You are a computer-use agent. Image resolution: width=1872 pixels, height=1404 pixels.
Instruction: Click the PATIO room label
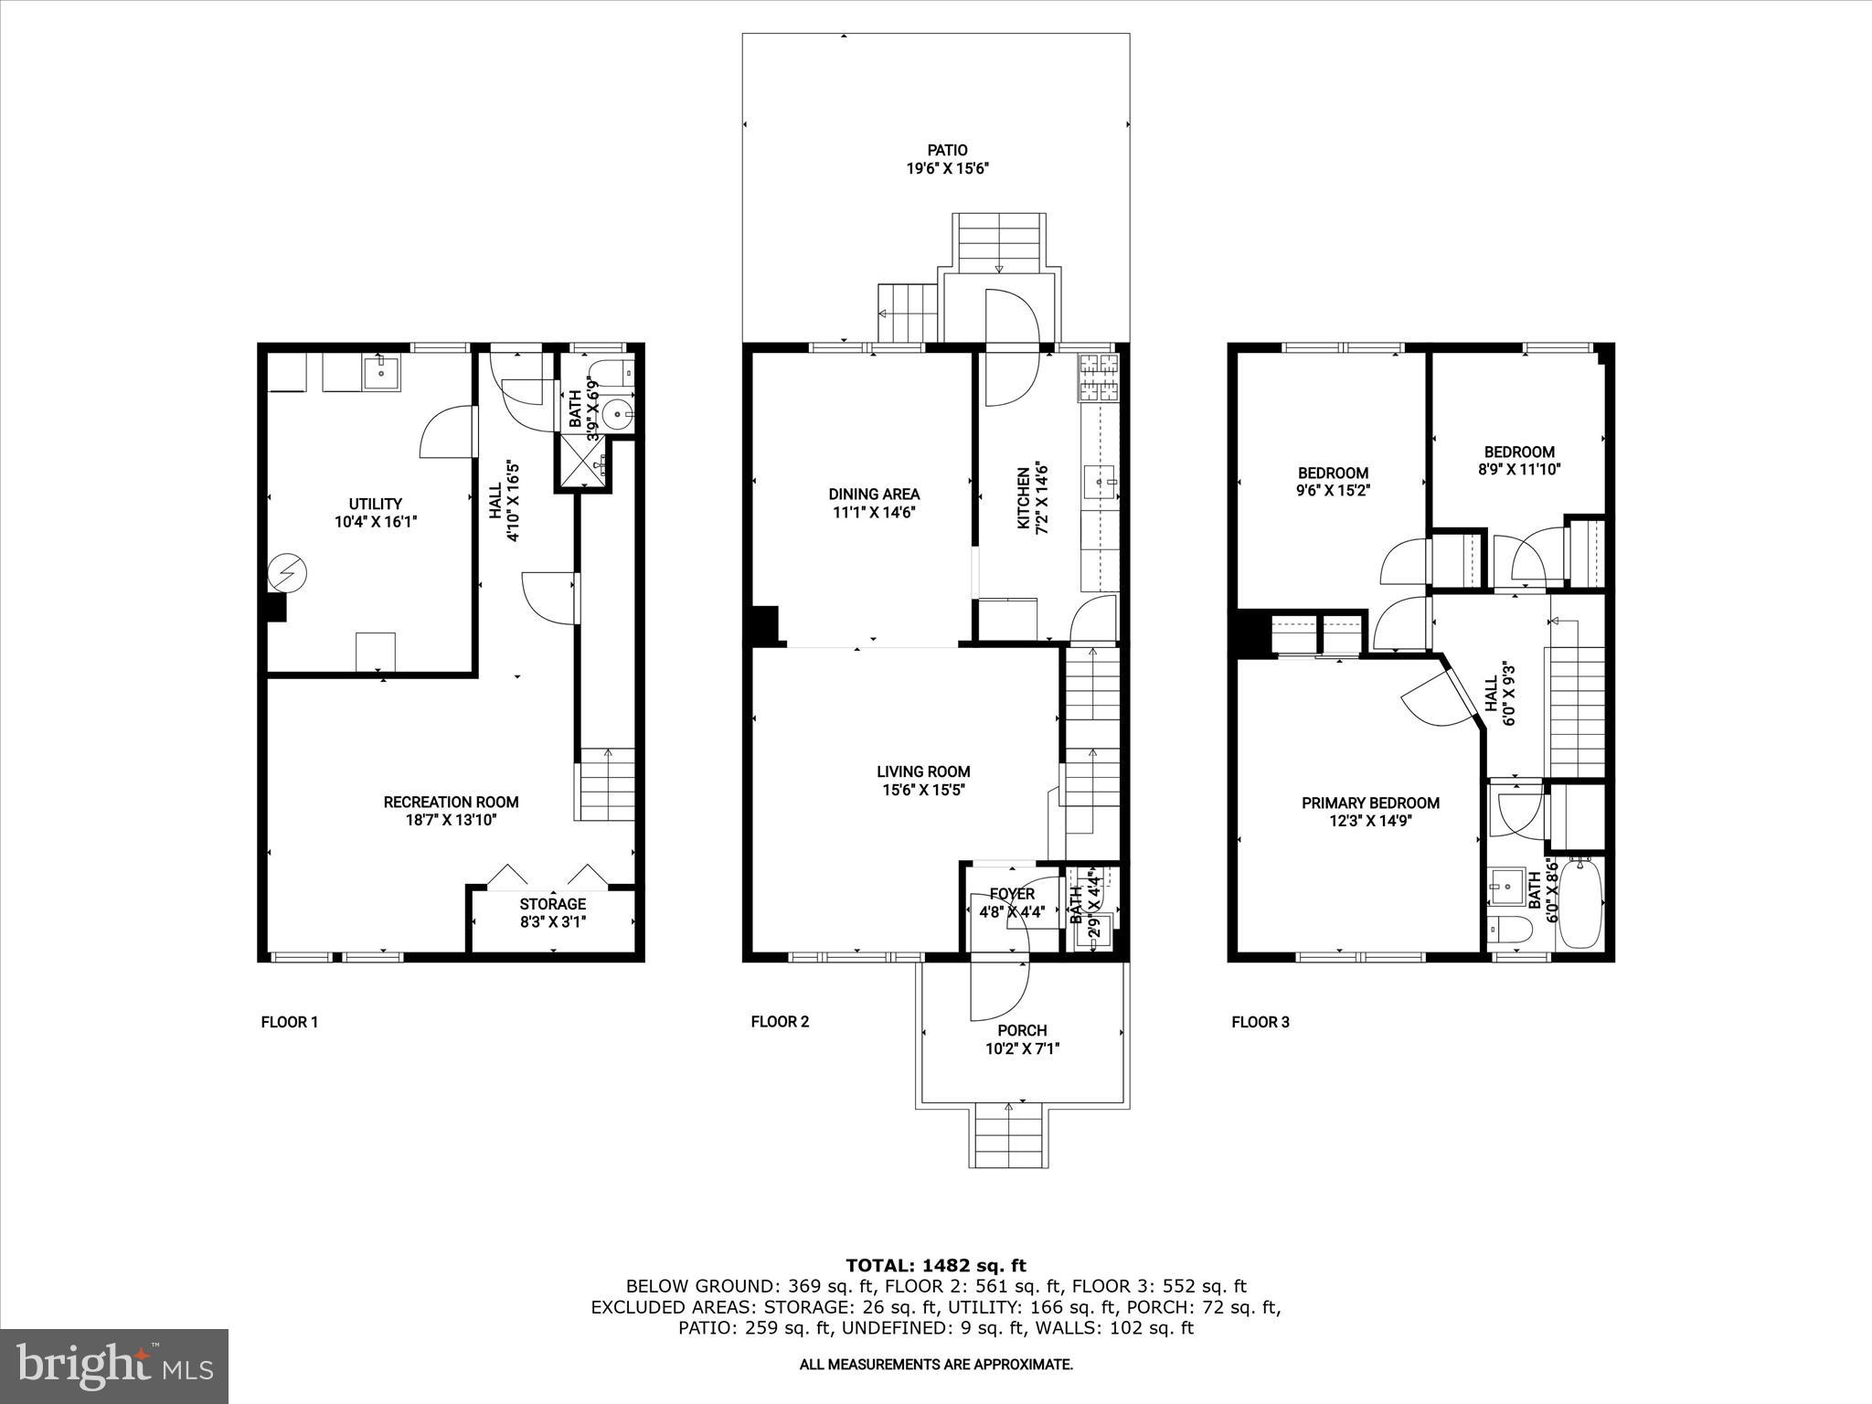[x=947, y=150]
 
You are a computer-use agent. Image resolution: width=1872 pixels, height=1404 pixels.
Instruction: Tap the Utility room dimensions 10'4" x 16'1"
[x=376, y=523]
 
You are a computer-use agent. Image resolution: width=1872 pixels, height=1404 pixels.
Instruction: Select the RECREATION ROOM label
[x=451, y=802]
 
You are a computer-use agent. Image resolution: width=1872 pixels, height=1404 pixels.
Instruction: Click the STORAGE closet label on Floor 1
[x=552, y=904]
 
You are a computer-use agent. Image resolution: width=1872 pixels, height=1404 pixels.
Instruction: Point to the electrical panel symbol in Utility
[x=287, y=574]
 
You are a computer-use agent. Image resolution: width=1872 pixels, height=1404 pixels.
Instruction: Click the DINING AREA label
[x=874, y=495]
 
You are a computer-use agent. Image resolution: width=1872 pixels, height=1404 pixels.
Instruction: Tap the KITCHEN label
[x=1024, y=498]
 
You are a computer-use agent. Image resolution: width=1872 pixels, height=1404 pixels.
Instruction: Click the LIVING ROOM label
[x=923, y=771]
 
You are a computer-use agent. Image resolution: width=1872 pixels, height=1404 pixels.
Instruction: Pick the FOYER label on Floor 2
[x=1012, y=894]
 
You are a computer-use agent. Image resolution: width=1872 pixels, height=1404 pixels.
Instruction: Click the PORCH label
[x=1022, y=1030]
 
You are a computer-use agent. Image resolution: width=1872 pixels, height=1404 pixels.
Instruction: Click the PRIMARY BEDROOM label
[x=1370, y=803]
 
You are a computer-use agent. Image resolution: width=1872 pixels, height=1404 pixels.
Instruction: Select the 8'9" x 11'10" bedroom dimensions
[x=1519, y=470]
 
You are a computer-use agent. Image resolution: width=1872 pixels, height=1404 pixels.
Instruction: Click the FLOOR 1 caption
[x=289, y=1022]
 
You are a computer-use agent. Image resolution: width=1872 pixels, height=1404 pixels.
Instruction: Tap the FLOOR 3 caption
[x=1260, y=1022]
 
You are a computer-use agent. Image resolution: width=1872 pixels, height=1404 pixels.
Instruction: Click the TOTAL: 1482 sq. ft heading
[x=935, y=1266]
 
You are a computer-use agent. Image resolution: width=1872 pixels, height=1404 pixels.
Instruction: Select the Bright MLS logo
[x=114, y=1366]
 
